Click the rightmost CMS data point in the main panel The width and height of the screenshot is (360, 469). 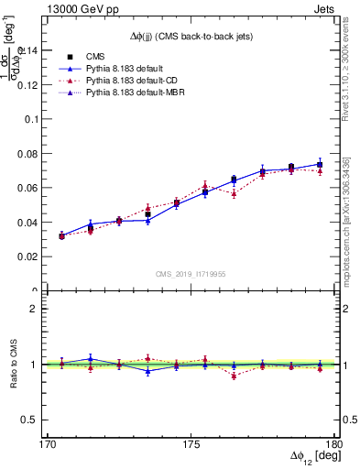pos(320,165)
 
